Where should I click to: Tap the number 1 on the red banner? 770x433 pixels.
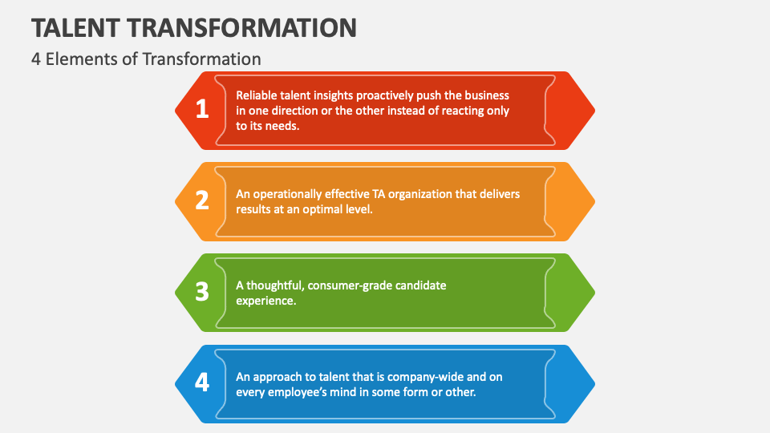coord(202,110)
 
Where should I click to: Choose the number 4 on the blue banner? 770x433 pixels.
coord(202,383)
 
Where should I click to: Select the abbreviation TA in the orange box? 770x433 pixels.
coord(377,193)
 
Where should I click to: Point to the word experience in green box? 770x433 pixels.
coord(265,301)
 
